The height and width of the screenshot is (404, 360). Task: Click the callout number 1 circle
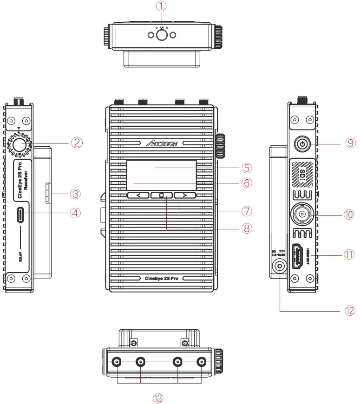pos(161,6)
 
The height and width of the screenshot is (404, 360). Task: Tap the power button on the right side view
pos(302,144)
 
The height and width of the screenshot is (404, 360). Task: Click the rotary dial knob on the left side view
pos(19,144)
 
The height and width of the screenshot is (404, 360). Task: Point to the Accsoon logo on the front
pos(161,143)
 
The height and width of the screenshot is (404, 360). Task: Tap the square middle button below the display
pos(161,195)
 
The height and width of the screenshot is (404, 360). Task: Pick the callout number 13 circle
pos(159,397)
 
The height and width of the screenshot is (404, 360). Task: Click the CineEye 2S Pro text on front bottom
pos(161,278)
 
